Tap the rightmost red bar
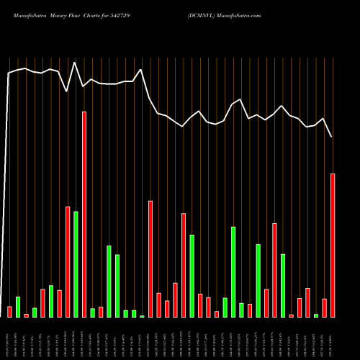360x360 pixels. tap(333, 245)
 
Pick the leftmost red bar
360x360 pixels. tap(9, 311)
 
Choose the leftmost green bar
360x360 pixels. tap(18, 307)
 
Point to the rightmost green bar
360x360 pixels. tap(316, 315)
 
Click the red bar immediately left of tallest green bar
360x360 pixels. tap(68, 261)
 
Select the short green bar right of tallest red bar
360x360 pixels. tap(92, 312)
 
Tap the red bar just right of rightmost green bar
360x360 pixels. tap(324, 307)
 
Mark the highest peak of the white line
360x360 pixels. tap(75, 63)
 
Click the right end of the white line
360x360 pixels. tap(332, 137)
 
